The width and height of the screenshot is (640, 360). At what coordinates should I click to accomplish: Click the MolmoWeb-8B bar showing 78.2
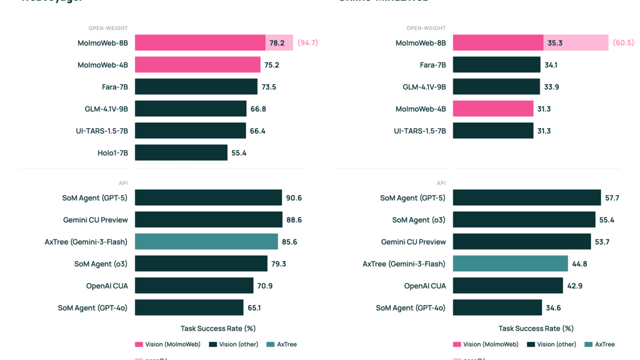pyautogui.click(x=200, y=43)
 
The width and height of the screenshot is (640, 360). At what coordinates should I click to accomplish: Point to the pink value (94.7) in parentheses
pyautogui.click(x=308, y=43)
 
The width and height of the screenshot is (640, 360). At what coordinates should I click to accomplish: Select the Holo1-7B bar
pyautogui.click(x=181, y=153)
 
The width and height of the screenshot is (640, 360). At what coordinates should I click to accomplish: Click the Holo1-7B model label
pyautogui.click(x=113, y=153)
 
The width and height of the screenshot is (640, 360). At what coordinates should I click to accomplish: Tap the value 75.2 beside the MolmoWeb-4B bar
pyautogui.click(x=272, y=65)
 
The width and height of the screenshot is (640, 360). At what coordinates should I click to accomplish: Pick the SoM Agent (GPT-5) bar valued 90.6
pyautogui.click(x=208, y=197)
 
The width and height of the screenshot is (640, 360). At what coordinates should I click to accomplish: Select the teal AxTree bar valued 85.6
pyautogui.click(x=206, y=242)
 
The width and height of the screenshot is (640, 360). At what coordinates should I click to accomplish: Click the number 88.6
pyautogui.click(x=294, y=220)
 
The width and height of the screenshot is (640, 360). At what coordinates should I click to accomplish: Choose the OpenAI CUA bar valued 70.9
pyautogui.click(x=194, y=285)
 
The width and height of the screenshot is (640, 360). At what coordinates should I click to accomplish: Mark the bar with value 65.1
pyautogui.click(x=189, y=307)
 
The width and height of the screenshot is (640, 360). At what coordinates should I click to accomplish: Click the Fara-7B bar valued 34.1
pyautogui.click(x=497, y=65)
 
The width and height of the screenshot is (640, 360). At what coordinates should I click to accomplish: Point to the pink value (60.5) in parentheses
pyautogui.click(x=623, y=43)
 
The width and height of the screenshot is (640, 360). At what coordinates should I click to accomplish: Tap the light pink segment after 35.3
pyautogui.click(x=587, y=43)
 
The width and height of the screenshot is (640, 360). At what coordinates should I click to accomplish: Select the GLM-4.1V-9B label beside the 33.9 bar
pyautogui.click(x=424, y=87)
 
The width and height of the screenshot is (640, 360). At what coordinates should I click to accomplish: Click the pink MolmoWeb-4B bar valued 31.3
pyautogui.click(x=493, y=109)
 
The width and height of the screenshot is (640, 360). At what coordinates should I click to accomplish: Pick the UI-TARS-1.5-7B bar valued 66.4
pyautogui.click(x=190, y=131)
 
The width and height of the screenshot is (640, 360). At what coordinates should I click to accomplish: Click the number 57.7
pyautogui.click(x=612, y=197)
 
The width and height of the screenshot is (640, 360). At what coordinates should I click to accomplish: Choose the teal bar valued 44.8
pyautogui.click(x=510, y=263)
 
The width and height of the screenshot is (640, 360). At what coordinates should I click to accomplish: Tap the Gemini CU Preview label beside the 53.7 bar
pyautogui.click(x=413, y=242)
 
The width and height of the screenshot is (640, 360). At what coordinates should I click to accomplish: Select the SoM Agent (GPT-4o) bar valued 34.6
pyautogui.click(x=497, y=307)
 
